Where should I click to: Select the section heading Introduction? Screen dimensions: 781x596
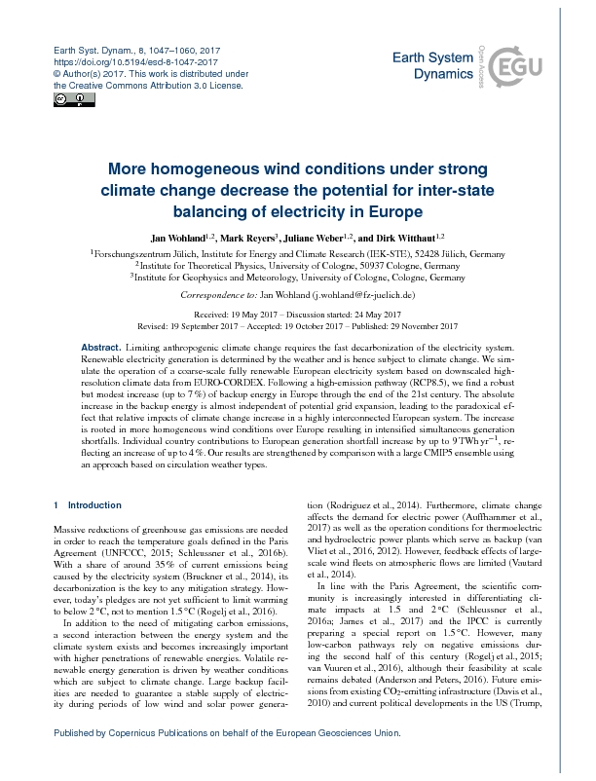point(93,505)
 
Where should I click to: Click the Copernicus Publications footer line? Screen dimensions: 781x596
point(274,761)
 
